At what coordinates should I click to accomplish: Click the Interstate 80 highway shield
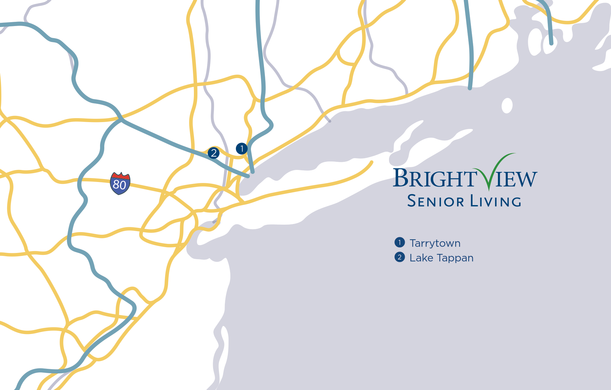120,184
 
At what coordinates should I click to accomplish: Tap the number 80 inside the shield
120,185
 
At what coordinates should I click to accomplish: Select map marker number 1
242,149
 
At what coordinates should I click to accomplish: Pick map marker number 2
214,153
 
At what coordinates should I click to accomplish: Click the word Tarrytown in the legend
435,243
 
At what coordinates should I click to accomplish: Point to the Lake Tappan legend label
441,258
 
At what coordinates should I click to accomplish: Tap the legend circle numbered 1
400,243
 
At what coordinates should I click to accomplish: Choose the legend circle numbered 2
400,257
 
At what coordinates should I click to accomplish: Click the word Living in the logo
496,201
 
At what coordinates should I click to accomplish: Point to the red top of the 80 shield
120,176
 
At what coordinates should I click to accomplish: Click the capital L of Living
474,201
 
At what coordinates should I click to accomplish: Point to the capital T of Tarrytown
413,243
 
